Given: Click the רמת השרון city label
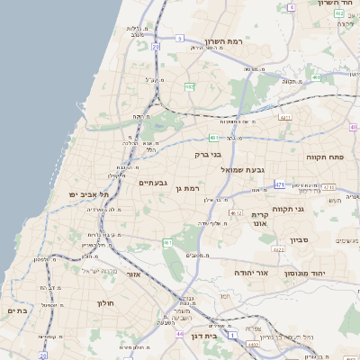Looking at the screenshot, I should [x=237, y=41].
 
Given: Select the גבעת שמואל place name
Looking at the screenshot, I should [x=243, y=168].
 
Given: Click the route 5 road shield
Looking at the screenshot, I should [x=180, y=38].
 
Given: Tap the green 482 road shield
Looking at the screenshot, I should [x=190, y=86].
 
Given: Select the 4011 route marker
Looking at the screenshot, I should [x=284, y=117].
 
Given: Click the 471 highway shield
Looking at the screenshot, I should [x=280, y=184].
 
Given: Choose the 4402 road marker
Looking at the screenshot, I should [x=253, y=344].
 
